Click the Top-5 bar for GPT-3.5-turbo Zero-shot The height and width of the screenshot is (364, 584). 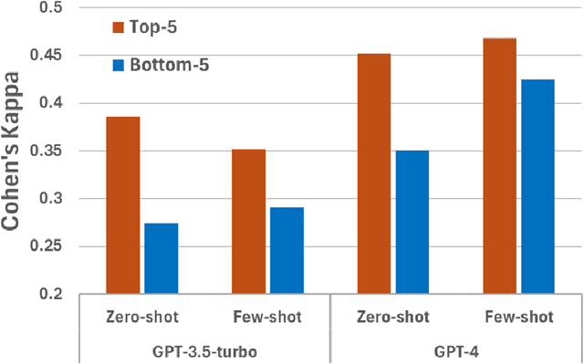[x=123, y=205]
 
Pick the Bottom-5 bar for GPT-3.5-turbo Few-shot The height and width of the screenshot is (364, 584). [x=286, y=250]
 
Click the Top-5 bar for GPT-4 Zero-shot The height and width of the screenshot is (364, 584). [x=373, y=173]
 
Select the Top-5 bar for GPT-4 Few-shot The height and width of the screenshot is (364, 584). [x=499, y=166]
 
